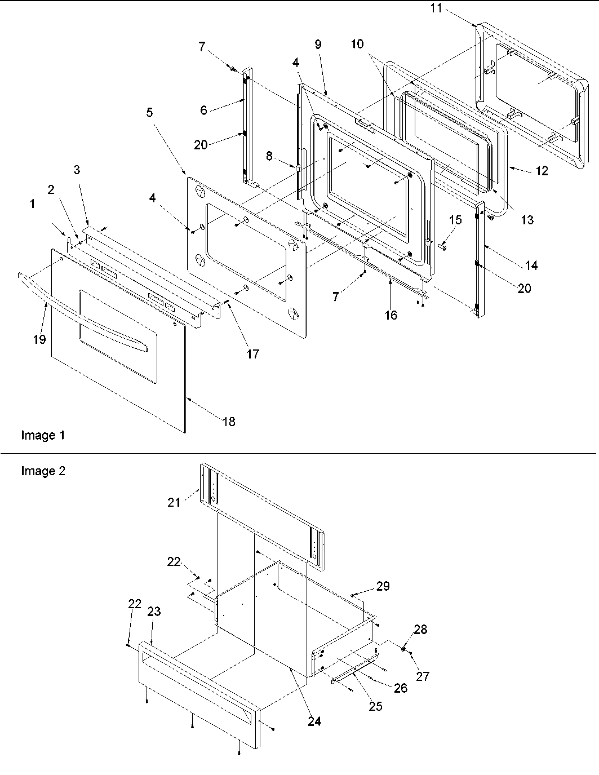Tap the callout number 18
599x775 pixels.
(229, 422)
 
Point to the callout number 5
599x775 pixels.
(149, 113)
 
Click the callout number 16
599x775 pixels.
(391, 315)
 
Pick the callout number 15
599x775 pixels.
(455, 220)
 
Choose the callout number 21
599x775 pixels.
(174, 501)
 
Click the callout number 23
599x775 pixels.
(154, 612)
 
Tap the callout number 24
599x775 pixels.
(314, 721)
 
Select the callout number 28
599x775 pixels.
(421, 630)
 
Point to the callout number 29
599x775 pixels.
(383, 586)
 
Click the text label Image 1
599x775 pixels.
(43, 435)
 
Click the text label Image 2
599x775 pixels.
(43, 471)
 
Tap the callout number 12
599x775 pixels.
(542, 171)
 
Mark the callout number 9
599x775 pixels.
(318, 45)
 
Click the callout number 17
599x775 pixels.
(252, 353)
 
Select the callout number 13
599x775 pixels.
(527, 220)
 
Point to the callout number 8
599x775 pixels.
(270, 156)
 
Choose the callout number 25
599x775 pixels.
(375, 706)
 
